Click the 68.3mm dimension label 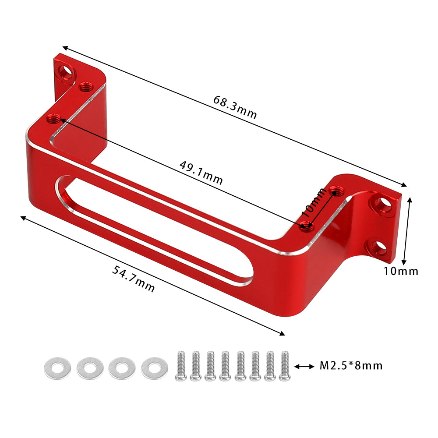pyautogui.click(x=235, y=107)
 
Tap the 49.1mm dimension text pyautogui.click(x=201, y=173)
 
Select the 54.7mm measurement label pyautogui.click(x=133, y=279)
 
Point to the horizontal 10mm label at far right pyautogui.click(x=401, y=271)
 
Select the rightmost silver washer pyautogui.click(x=155, y=368)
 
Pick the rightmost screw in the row pyautogui.click(x=285, y=365)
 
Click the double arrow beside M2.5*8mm pyautogui.click(x=305, y=366)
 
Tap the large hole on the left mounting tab pyautogui.click(x=67, y=71)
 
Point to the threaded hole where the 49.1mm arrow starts pyautogui.click(x=54, y=118)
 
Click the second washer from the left pyautogui.click(x=90, y=368)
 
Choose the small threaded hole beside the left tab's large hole pyautogui.click(x=85, y=87)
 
